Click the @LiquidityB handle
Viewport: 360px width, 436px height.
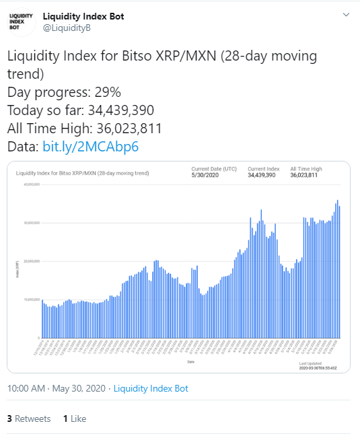pos(67,28)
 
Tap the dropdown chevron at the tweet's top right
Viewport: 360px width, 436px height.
pos(346,15)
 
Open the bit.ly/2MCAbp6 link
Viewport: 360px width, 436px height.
pos(91,146)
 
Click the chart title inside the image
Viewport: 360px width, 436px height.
pos(82,173)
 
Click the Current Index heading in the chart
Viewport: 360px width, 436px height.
pos(262,168)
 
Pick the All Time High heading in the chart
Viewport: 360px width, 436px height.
pos(305,168)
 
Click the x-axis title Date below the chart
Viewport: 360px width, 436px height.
pos(191,361)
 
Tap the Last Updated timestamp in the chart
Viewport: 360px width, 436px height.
pos(317,367)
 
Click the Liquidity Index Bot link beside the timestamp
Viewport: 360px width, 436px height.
pos(151,388)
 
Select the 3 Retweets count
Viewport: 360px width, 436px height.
pos(29,419)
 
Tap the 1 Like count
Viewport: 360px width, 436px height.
pos(75,419)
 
